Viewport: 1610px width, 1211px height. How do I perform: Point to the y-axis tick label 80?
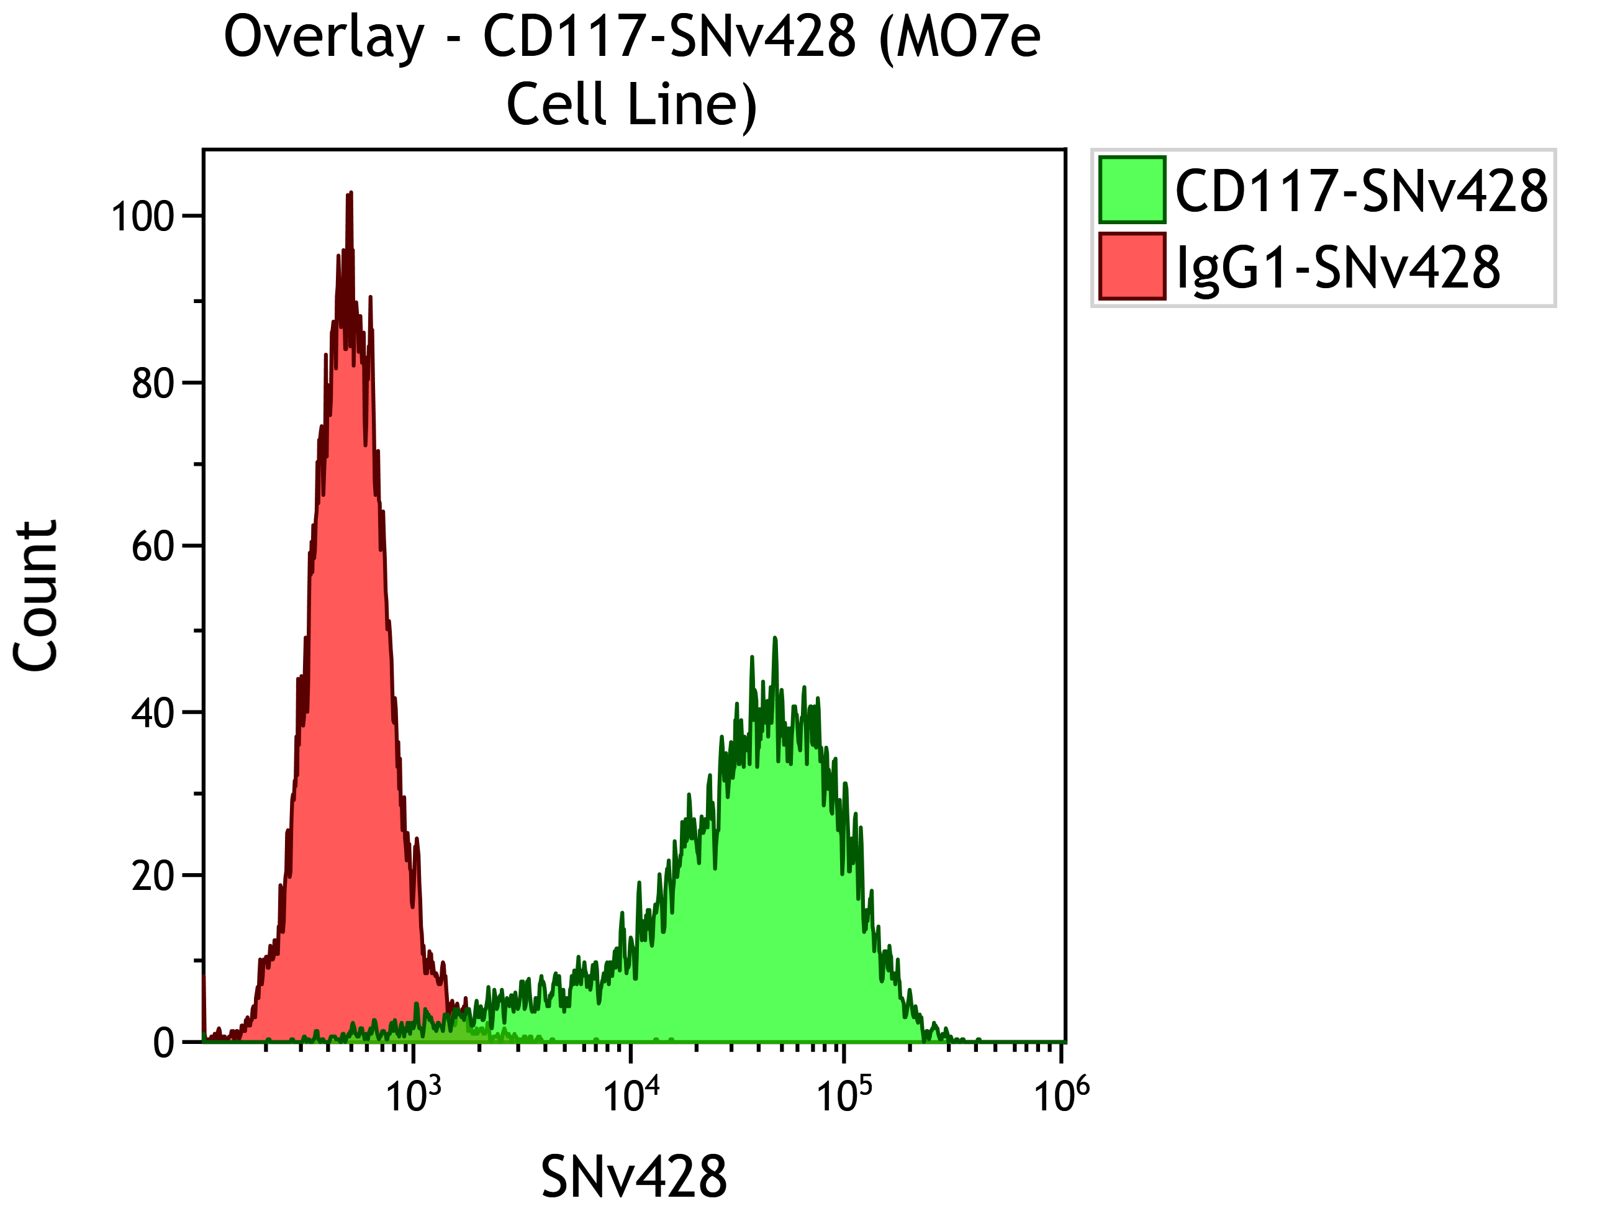coord(153,384)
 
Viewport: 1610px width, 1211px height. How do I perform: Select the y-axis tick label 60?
coord(153,547)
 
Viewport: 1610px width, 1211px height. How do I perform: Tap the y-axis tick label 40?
coord(153,713)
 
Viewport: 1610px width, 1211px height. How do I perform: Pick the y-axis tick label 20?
coord(153,877)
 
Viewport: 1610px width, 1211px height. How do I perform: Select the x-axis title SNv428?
coord(633,1177)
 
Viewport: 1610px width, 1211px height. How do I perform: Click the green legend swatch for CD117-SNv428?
coord(1132,189)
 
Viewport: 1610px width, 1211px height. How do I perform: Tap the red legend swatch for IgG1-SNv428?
coord(1132,266)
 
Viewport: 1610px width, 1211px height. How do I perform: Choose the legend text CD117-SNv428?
coord(1361,191)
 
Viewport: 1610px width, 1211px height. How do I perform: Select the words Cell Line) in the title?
coord(632,106)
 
